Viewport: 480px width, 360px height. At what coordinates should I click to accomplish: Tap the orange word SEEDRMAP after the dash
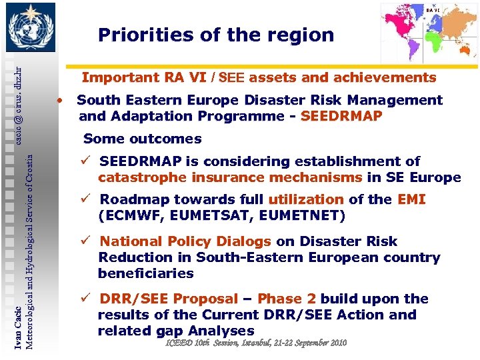341,116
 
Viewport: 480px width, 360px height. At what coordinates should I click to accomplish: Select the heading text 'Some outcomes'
142,139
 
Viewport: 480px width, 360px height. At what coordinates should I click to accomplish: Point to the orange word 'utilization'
305,199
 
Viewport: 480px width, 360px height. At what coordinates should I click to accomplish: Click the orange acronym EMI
411,199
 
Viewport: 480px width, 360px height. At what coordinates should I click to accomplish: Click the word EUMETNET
305,215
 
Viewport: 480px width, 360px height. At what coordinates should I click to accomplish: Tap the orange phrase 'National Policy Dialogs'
185,241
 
